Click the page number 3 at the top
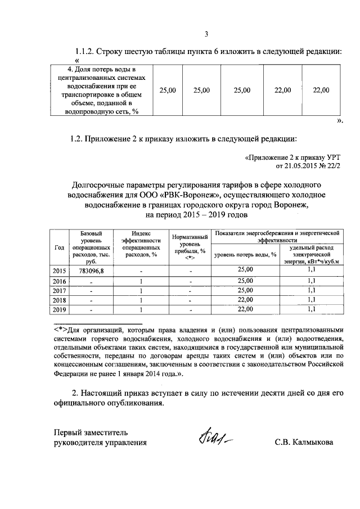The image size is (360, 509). [206, 34]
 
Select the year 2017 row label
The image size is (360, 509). [60, 291]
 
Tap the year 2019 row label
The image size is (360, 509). [60, 310]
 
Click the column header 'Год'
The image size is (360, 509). [60, 247]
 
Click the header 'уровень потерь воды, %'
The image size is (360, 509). [246, 254]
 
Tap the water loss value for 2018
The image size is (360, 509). [246, 300]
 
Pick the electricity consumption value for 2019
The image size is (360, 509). [312, 309]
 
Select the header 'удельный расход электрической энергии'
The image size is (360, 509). [312, 254]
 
